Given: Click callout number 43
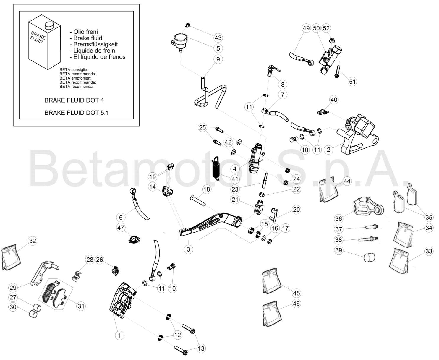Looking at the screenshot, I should tap(218, 38).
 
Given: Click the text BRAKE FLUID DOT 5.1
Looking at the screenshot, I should tap(77, 113).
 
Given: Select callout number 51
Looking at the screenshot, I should tap(352, 81).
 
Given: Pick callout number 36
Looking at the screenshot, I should tap(338, 219).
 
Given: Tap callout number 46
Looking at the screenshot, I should tap(296, 304).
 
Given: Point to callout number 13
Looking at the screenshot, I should tap(201, 348).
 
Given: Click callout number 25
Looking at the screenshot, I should tap(202, 127).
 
